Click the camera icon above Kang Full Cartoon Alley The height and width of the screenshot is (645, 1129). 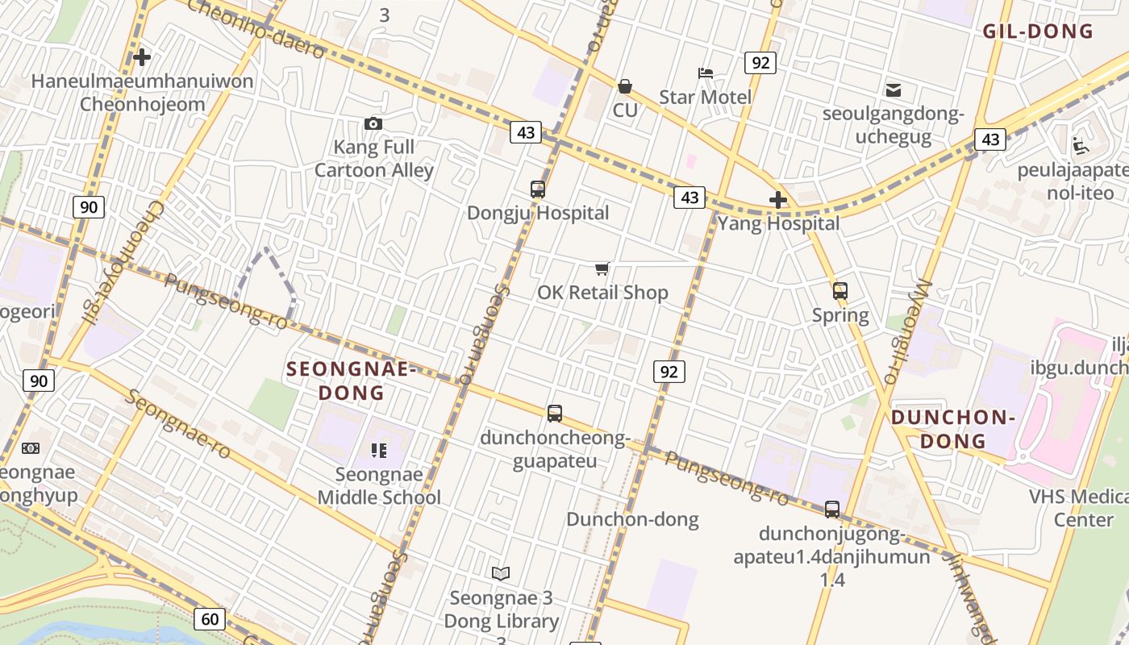click(373, 123)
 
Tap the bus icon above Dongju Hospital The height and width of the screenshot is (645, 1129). click(538, 189)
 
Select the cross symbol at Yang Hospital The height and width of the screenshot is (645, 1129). click(778, 200)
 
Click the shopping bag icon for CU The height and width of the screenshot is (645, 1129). click(625, 85)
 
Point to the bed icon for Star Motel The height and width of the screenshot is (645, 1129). click(706, 73)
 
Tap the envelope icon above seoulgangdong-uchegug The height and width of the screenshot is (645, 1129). click(894, 89)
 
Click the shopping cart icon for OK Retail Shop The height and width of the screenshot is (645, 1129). click(602, 268)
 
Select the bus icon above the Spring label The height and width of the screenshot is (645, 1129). click(840, 291)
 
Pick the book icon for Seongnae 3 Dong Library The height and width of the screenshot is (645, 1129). click(501, 573)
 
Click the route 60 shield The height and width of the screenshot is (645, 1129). click(210, 619)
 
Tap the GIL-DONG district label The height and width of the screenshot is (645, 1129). click(1037, 31)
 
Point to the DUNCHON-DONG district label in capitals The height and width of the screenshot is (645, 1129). click(953, 429)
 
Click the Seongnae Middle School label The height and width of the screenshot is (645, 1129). click(379, 485)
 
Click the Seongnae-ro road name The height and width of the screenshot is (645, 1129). click(178, 425)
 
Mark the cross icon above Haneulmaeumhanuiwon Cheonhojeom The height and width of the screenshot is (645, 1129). click(142, 57)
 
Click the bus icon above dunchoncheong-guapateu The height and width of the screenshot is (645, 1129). click(555, 414)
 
